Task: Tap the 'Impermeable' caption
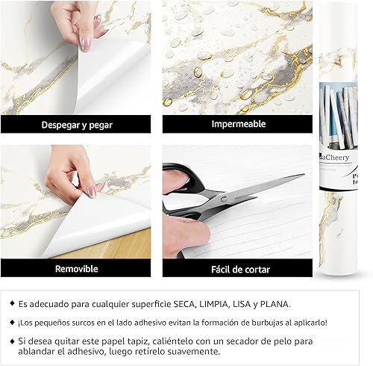click(x=237, y=124)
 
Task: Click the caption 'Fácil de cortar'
click(x=237, y=268)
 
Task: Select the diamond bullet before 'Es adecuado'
click(x=11, y=304)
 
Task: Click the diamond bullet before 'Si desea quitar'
click(x=11, y=340)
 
